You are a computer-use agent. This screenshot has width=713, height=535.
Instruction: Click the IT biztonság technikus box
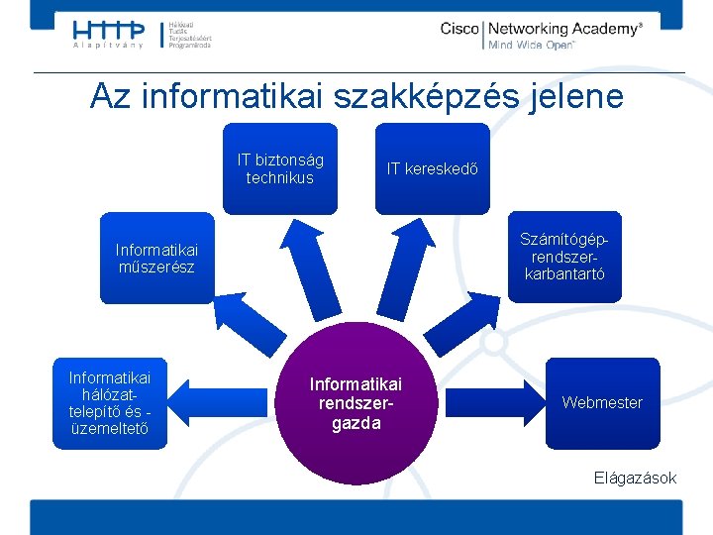click(280, 168)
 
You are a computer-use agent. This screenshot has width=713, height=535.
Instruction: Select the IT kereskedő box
click(433, 168)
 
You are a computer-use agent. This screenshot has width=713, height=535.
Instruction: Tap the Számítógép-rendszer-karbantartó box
click(564, 257)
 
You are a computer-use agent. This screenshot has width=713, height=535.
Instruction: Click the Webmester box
click(602, 402)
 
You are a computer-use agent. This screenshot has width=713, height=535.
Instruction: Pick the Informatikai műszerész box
click(156, 258)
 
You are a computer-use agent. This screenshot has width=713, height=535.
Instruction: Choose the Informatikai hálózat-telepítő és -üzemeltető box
click(110, 403)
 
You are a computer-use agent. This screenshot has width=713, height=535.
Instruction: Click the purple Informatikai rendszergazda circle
click(356, 403)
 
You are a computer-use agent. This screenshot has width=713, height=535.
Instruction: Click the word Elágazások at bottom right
click(635, 478)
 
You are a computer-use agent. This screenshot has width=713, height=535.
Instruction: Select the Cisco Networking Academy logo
click(540, 36)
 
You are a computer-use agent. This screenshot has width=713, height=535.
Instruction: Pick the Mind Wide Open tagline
click(531, 46)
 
